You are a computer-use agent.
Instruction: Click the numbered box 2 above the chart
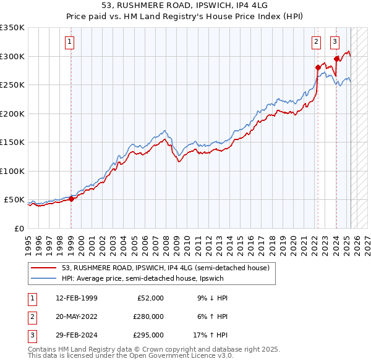316,42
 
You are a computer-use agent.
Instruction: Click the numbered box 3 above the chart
335,42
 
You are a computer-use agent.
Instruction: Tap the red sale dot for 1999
71,199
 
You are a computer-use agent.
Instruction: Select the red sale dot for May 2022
318,67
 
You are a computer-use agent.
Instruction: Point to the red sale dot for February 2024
336,59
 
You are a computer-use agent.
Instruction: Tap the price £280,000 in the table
148,317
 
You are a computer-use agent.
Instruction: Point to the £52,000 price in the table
150,298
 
